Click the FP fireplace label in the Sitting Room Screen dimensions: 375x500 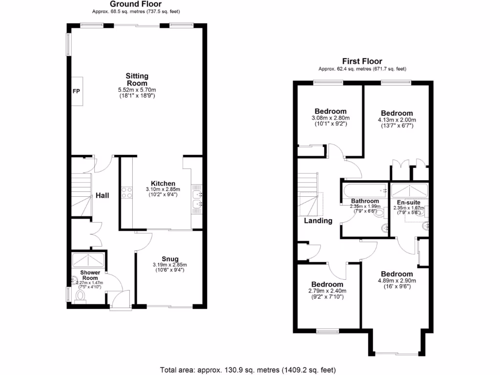pyautogui.click(x=76, y=91)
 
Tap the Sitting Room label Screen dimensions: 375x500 pyautogui.click(x=137, y=80)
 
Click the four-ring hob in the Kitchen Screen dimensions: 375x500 pyautogui.click(x=126, y=192)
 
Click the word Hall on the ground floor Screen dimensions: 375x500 pyautogui.click(x=102, y=195)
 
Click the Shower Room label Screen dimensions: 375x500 pyautogui.click(x=90, y=275)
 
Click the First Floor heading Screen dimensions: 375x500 pyautogui.click(x=362, y=61)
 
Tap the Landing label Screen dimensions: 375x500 pyautogui.click(x=318, y=221)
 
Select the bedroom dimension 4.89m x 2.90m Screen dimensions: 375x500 pyautogui.click(x=396, y=281)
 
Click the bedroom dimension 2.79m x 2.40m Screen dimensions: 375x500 pyautogui.click(x=327, y=291)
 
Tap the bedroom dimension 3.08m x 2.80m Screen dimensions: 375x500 pyautogui.click(x=330, y=118)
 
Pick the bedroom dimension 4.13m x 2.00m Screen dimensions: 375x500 pyautogui.click(x=396, y=120)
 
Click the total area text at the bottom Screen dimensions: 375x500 pyautogui.click(x=248, y=370)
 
